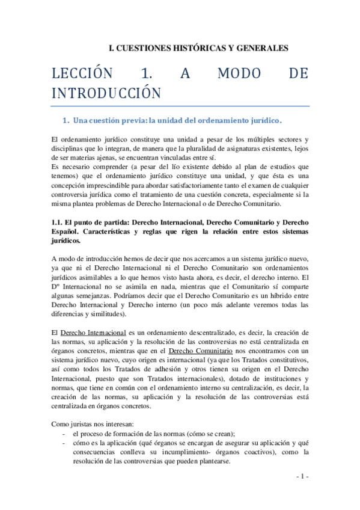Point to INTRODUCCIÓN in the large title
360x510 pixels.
pos(106,93)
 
